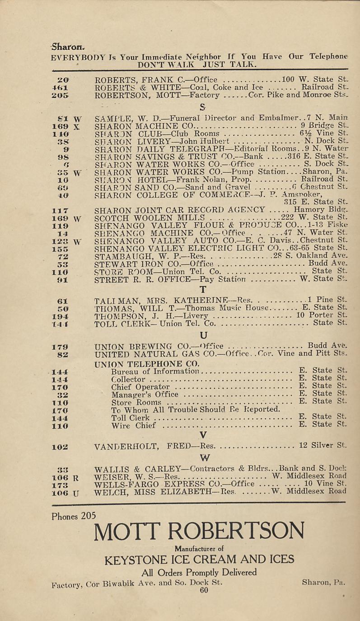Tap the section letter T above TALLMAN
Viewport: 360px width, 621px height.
(203, 289)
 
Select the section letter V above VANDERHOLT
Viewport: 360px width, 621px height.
(203, 435)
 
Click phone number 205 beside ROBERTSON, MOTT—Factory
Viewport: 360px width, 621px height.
(60, 95)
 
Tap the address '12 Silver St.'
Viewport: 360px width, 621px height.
(323, 446)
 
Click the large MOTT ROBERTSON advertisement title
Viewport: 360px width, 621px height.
(199, 531)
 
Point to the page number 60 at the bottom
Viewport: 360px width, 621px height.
(203, 590)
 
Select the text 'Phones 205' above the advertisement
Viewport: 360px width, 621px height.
(71, 516)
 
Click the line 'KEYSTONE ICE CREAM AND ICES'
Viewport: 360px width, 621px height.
(199, 560)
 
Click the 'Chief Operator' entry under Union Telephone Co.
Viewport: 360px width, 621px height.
(140, 387)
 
